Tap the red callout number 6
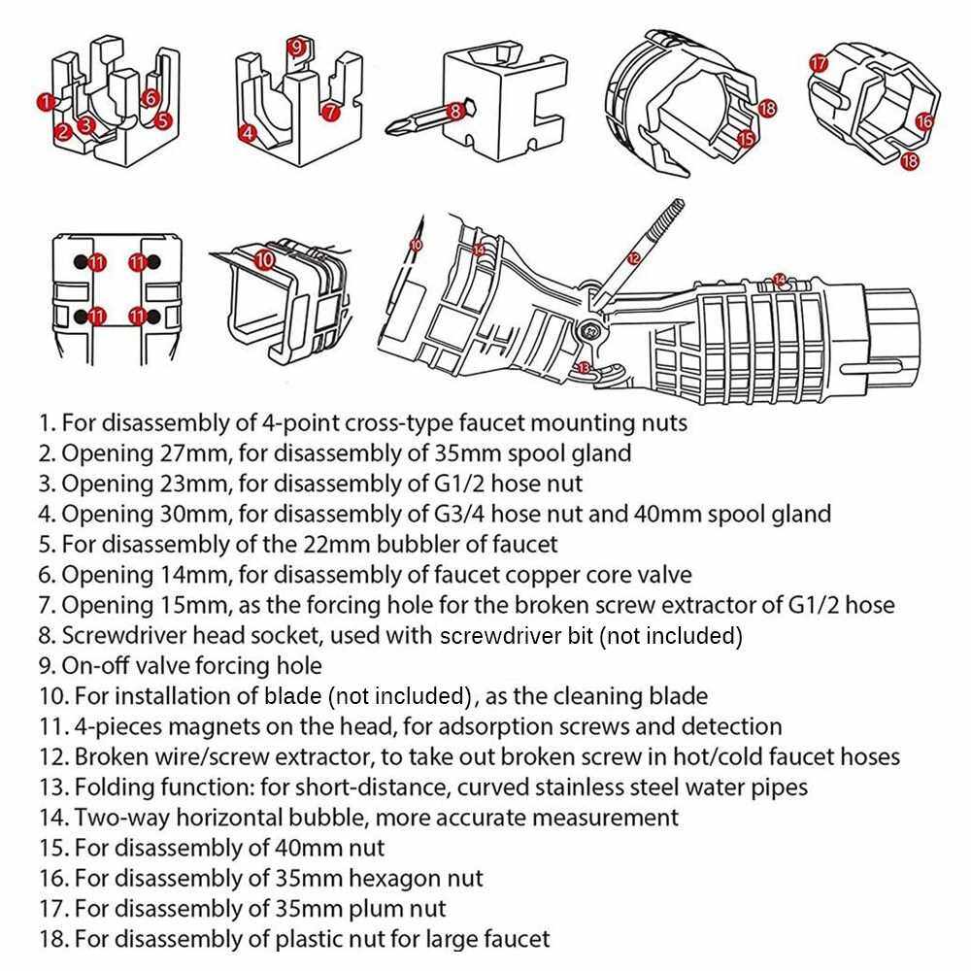point(150,98)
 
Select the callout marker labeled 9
point(297,46)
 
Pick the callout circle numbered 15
point(746,138)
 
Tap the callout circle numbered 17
point(819,63)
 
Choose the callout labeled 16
point(923,121)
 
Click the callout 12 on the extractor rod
point(633,258)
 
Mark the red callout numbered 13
point(583,367)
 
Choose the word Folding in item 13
point(112,787)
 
